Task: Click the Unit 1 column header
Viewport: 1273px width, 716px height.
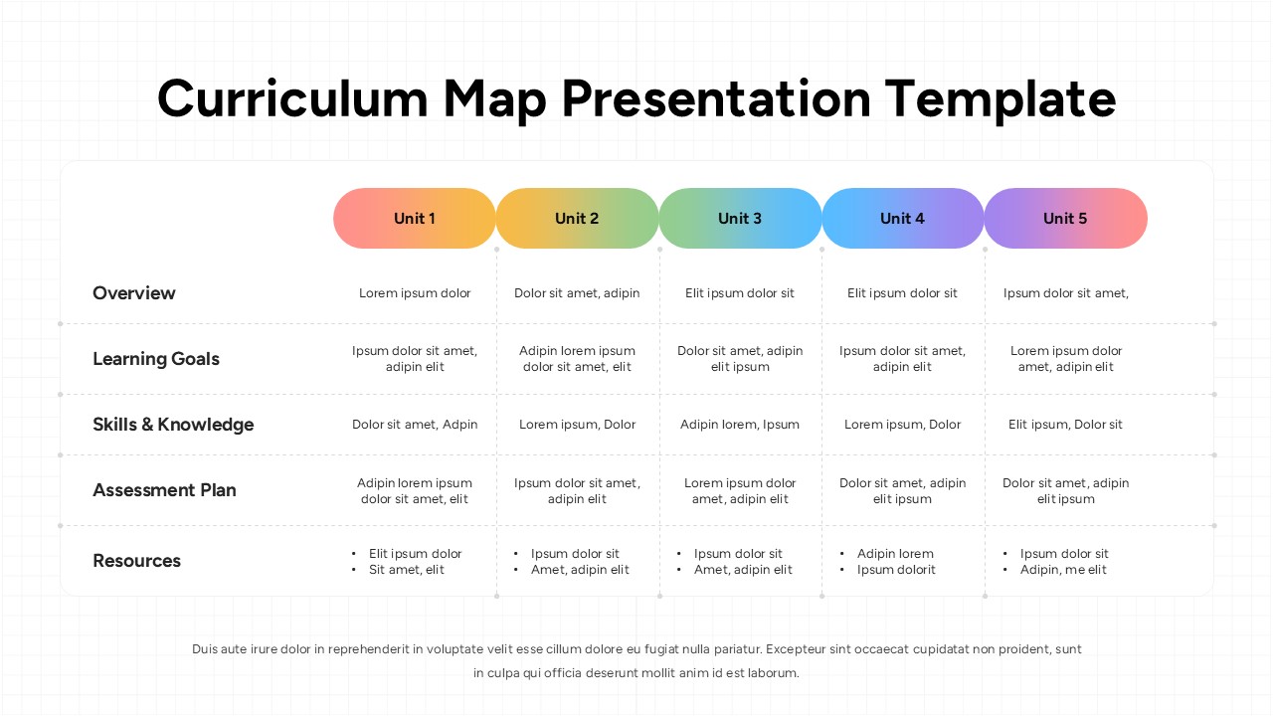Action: [x=414, y=219]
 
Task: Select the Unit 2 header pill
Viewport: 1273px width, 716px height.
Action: [x=577, y=219]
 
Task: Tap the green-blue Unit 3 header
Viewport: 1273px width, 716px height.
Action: [x=740, y=219]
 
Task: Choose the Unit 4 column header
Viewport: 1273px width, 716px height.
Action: [x=902, y=219]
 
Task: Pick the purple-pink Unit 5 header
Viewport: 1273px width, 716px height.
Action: [x=1065, y=219]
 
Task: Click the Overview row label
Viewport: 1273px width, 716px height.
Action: [x=134, y=293]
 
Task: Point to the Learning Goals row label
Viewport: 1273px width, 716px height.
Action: [x=156, y=359]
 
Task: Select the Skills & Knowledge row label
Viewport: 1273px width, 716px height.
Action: [x=173, y=425]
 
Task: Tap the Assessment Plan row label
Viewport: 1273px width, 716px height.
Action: [x=164, y=490]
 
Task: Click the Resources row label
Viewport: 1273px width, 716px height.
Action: [x=137, y=561]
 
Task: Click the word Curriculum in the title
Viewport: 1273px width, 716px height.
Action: [x=292, y=99]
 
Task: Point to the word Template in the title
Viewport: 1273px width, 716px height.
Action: [x=1000, y=99]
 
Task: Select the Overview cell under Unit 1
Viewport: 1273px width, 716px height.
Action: [x=415, y=293]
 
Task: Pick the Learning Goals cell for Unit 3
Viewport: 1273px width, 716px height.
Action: [x=740, y=359]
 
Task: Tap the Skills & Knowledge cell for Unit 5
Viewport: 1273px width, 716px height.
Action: [x=1065, y=425]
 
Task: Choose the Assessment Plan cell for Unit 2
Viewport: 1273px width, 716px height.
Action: [x=577, y=491]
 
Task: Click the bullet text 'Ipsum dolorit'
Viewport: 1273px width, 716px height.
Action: [x=896, y=570]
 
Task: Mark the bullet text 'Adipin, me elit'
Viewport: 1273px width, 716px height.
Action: [x=1063, y=570]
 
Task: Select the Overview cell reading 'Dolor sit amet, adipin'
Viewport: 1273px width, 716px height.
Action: [x=577, y=293]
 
